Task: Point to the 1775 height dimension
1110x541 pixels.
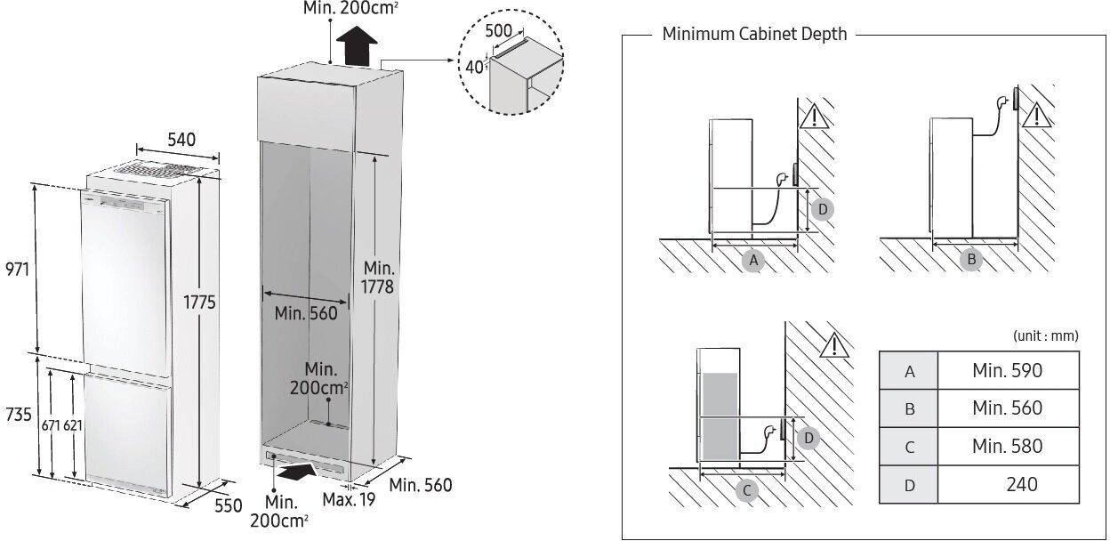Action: [x=201, y=303]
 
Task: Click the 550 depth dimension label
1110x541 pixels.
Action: [x=228, y=505]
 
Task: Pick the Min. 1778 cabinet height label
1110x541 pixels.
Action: [x=379, y=277]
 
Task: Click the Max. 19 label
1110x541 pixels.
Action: [x=349, y=500]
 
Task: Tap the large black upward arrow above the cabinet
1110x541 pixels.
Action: [x=358, y=45]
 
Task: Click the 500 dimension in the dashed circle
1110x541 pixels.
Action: [x=498, y=30]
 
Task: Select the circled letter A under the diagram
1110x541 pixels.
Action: [x=753, y=260]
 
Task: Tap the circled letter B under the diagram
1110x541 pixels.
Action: [x=971, y=260]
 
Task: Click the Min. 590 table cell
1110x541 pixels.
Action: [x=1007, y=370]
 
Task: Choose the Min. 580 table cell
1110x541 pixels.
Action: [x=1007, y=446]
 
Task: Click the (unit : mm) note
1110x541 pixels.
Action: [x=1045, y=336]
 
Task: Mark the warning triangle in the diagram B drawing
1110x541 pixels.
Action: [x=1035, y=116]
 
